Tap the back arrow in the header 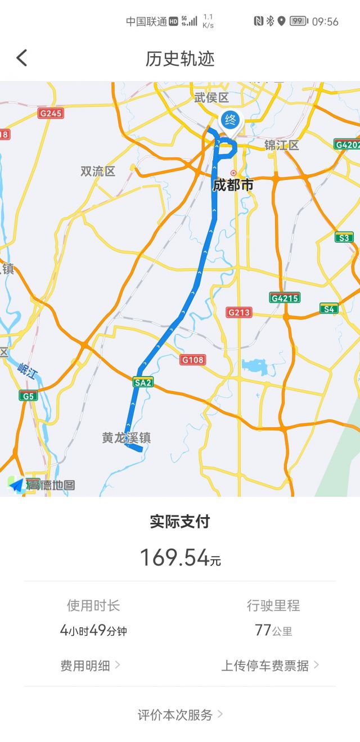pos(22,58)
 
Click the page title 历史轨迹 pos(180,59)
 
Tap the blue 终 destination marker pos(229,120)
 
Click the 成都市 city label pos(233,185)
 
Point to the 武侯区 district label pos(211,98)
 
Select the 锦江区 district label pos(282,146)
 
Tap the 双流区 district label pos(98,171)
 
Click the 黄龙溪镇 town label pos(126,437)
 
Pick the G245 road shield pos(51,113)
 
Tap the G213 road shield pos(239,312)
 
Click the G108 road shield pos(193,359)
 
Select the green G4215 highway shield pos(284,297)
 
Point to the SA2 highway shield pos(143,382)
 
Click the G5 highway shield pos(28,396)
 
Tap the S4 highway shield pos(328,308)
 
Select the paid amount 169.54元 pos(180,557)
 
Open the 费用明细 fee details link pos(90,666)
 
